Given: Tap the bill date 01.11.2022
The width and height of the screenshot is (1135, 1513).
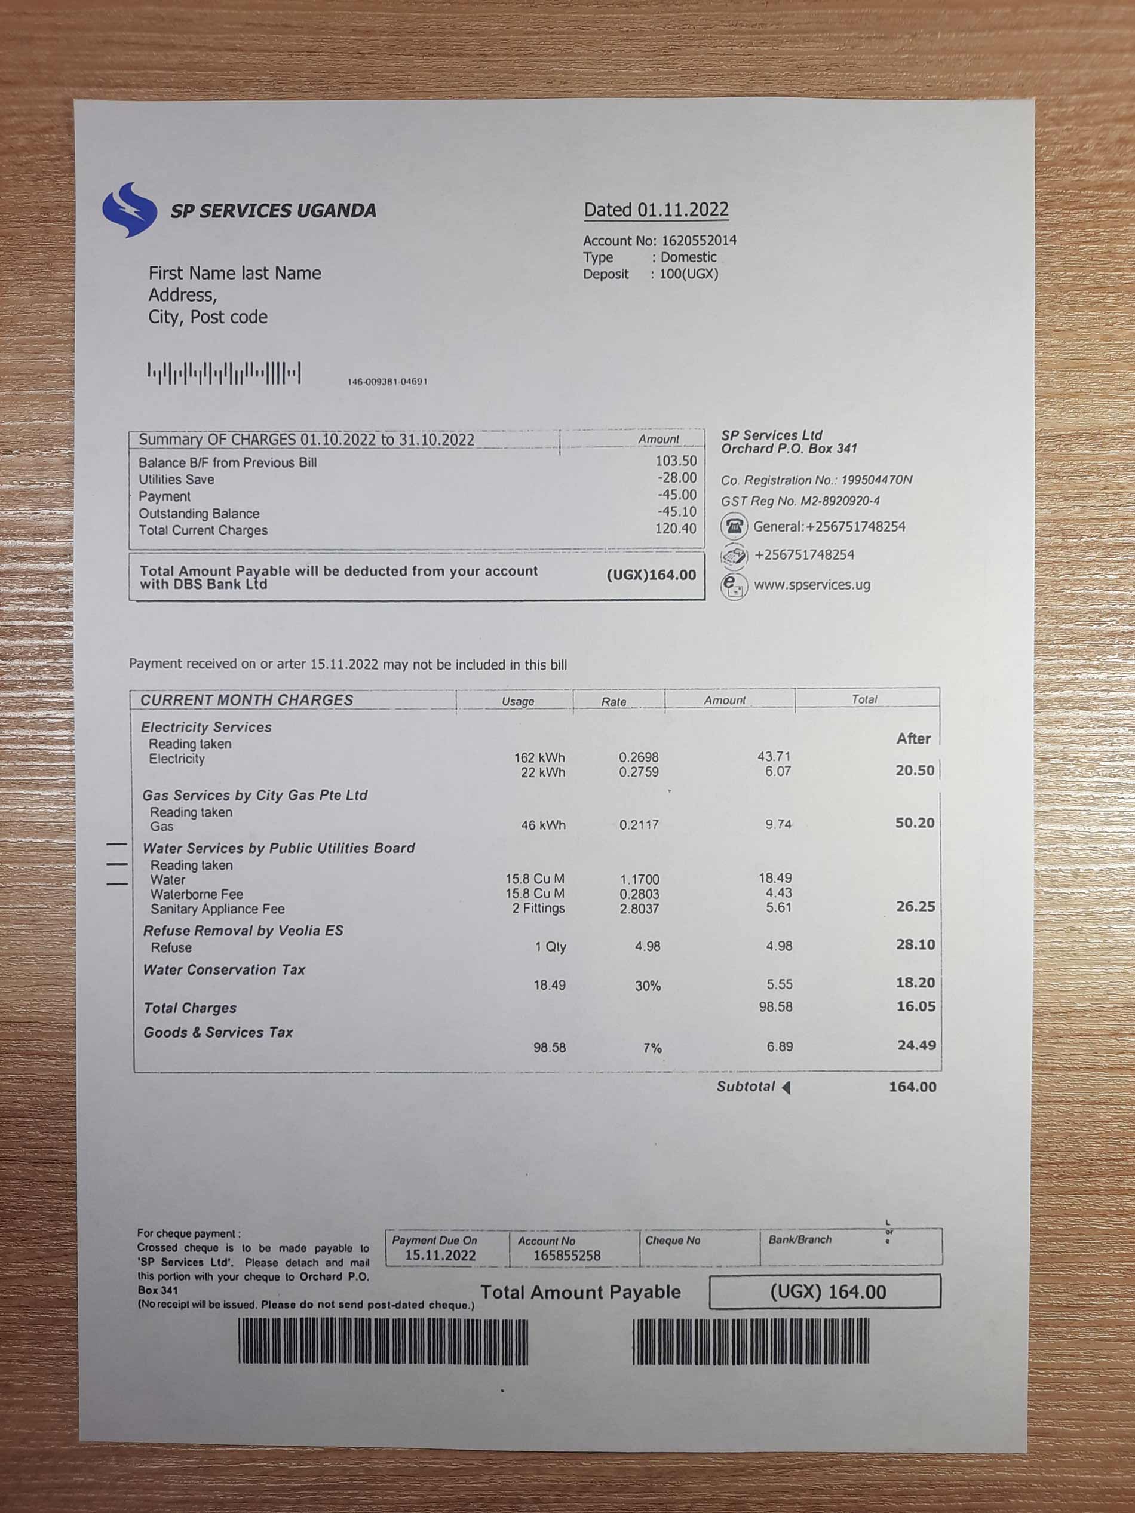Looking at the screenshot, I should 683,210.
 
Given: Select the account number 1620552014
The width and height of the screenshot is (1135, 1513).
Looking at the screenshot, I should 698,241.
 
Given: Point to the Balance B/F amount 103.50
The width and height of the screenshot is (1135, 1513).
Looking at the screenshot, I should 676,461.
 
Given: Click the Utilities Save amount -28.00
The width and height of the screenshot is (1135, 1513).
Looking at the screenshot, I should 677,478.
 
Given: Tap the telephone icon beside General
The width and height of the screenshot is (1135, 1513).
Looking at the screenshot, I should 734,527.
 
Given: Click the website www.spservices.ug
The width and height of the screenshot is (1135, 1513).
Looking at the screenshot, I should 811,585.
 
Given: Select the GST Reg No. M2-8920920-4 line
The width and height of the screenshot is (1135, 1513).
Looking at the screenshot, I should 800,501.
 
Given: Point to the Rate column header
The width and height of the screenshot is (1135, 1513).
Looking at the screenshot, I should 613,702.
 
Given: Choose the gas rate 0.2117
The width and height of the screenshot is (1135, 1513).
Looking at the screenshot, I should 639,825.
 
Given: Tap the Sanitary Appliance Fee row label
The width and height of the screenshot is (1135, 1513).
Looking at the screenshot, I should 217,909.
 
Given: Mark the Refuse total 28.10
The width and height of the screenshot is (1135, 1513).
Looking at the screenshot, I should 915,944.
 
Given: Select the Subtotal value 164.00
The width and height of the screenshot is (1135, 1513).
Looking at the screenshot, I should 912,1087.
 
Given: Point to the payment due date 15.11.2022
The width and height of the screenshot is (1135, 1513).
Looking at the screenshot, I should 440,1255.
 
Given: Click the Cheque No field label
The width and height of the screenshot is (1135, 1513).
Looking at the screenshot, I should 673,1241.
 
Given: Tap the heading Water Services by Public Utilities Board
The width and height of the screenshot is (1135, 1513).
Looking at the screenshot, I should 278,848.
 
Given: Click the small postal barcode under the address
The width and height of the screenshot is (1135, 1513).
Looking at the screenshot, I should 224,373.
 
